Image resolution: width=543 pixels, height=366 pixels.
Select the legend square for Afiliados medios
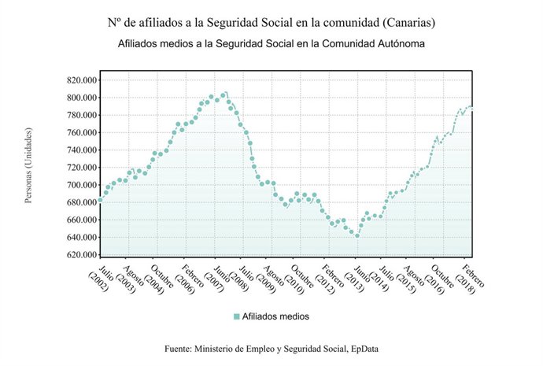(236, 316)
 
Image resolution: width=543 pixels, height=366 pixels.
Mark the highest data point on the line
(225, 94)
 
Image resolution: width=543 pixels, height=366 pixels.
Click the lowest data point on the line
(357, 235)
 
